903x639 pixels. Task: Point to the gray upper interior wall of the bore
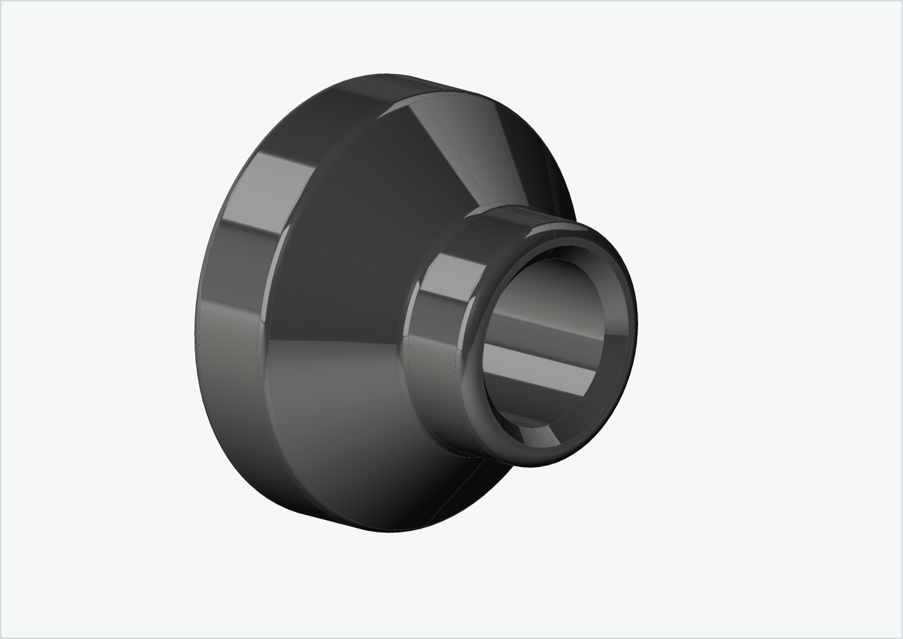pos(552,283)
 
